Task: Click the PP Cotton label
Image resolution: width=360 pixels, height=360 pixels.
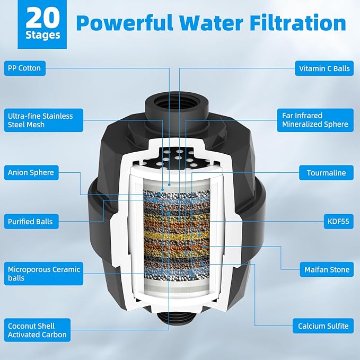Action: click(24, 68)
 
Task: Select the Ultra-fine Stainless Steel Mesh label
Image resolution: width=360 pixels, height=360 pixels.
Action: click(40, 120)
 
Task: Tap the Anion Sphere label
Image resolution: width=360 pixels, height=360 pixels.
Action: click(31, 172)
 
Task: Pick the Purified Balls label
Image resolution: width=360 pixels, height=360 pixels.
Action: click(30, 221)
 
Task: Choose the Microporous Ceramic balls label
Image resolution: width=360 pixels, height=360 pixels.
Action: click(44, 274)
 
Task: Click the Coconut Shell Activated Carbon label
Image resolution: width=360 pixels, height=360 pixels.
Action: click(37, 330)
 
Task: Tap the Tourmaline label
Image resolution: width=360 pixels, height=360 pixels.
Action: click(326, 173)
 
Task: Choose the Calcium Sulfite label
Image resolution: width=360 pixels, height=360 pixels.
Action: click(323, 326)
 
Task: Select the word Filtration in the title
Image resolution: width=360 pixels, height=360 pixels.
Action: click(298, 23)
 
